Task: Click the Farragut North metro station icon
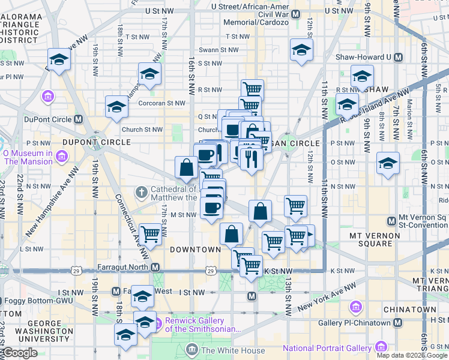(155, 267)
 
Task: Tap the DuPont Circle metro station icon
(79, 119)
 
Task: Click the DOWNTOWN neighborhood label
(195, 249)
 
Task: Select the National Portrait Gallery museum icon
(381, 347)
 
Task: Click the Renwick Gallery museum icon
(158, 325)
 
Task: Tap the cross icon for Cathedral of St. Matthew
(142, 193)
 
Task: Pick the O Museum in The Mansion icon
(61, 157)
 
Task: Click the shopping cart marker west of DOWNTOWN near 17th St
(150, 234)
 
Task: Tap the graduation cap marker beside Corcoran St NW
(116, 107)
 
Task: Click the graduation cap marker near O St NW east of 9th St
(388, 163)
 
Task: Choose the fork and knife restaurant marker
(251, 158)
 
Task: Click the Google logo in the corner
(20, 353)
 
